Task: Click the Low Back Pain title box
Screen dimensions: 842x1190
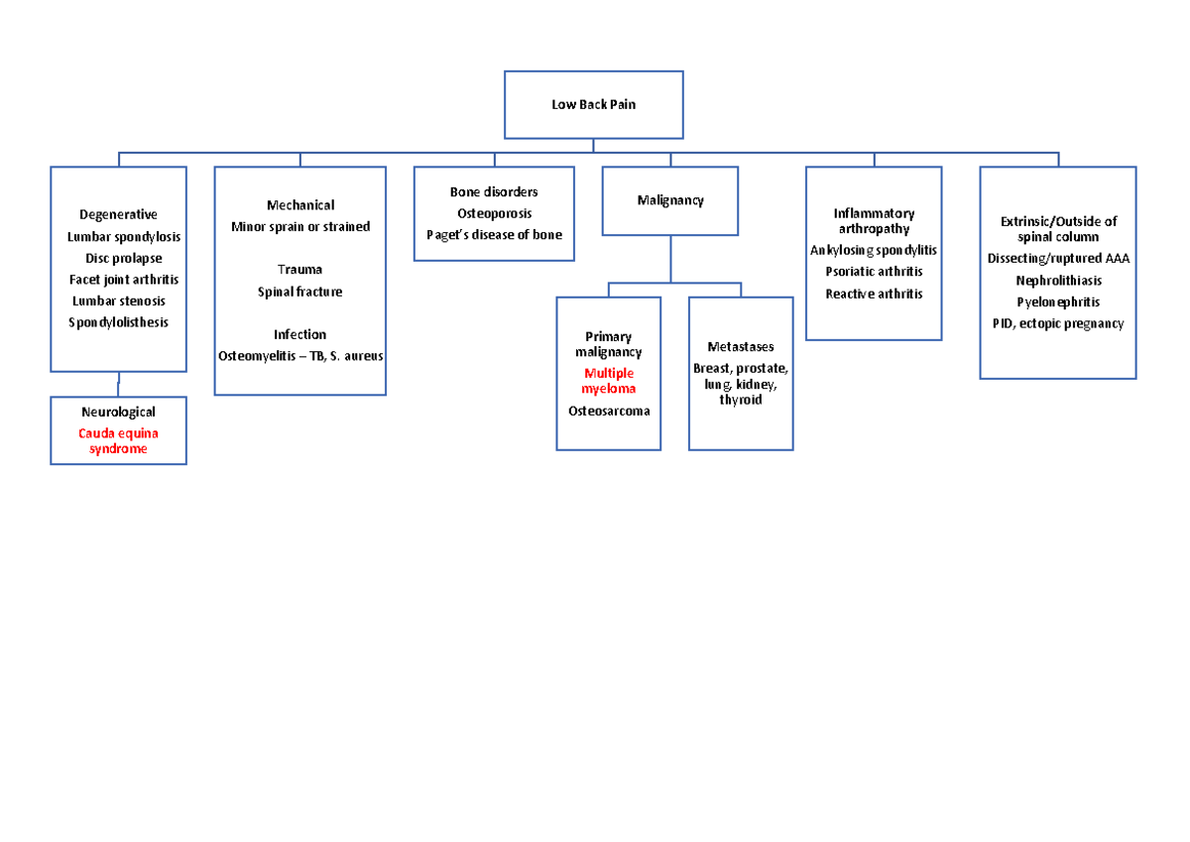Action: click(x=593, y=104)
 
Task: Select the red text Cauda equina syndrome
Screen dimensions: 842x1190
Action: click(x=118, y=441)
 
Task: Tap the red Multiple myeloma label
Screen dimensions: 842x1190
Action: click(x=608, y=381)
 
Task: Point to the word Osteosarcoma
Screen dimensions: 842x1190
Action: click(x=608, y=411)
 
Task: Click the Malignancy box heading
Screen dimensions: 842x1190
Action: click(x=669, y=200)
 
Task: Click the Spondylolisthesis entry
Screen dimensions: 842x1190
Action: click(x=119, y=322)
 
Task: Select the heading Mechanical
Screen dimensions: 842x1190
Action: click(x=299, y=205)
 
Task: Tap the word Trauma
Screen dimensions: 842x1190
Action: click(x=299, y=270)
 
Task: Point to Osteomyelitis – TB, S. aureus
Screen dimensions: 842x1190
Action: click(x=299, y=356)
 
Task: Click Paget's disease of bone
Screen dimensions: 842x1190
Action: click(x=494, y=235)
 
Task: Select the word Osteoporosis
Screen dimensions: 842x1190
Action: click(x=494, y=213)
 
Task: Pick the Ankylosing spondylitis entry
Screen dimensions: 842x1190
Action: click(x=873, y=250)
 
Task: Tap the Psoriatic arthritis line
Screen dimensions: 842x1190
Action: click(x=874, y=272)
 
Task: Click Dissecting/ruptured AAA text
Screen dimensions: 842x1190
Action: click(x=1058, y=259)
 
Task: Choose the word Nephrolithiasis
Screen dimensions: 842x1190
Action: click(x=1058, y=281)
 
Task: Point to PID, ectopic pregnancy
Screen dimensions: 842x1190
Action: click(x=1058, y=323)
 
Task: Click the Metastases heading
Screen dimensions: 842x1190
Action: click(x=741, y=347)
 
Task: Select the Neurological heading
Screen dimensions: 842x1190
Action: click(x=118, y=412)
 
